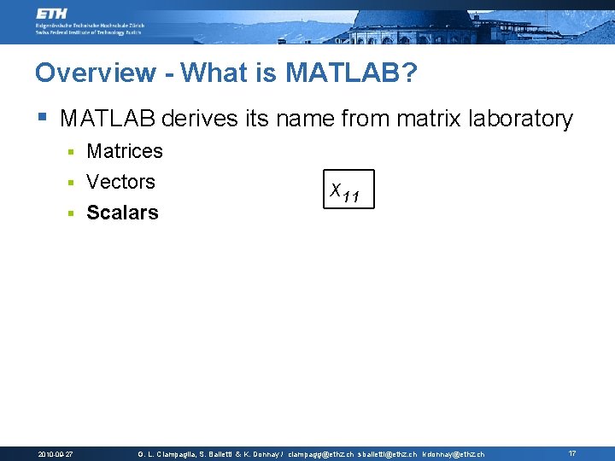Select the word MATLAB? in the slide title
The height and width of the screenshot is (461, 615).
tap(352, 73)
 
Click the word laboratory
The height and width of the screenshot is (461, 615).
tap(521, 119)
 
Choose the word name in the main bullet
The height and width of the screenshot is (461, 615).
tap(302, 119)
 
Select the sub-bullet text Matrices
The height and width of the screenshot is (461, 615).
tap(125, 152)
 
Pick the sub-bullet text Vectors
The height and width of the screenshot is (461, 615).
tap(121, 182)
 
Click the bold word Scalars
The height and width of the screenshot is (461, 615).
tap(123, 213)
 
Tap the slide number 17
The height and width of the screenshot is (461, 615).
tap(572, 453)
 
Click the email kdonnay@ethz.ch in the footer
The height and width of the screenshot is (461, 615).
tap(454, 454)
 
